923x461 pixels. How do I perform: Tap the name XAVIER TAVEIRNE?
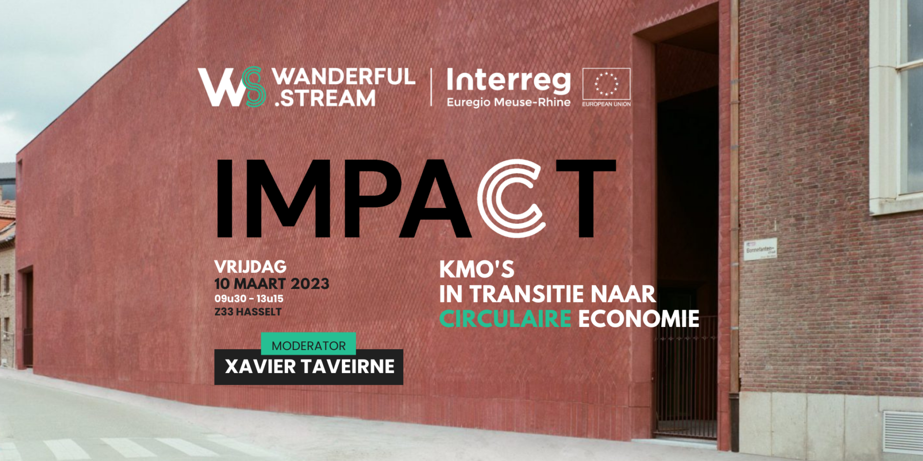[310, 366]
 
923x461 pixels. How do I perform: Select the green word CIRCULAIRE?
[505, 319]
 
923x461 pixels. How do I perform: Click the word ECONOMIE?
[639, 319]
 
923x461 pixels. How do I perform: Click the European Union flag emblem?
[606, 84]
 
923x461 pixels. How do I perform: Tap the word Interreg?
[509, 80]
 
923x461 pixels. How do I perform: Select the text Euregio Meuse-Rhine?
[509, 102]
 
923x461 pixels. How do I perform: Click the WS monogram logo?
[232, 87]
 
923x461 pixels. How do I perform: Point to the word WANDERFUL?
[343, 76]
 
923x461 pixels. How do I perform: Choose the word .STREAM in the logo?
[325, 98]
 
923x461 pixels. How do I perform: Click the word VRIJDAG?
[250, 267]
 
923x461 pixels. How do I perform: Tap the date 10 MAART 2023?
[272, 284]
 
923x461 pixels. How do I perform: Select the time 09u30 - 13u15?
[249, 299]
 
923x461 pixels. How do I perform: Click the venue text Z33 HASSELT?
[248, 312]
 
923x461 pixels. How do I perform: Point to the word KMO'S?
[477, 269]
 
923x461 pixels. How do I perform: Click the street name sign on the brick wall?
[760, 249]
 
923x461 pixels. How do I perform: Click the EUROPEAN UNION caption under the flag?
[606, 104]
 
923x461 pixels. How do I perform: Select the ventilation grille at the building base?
[902, 432]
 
